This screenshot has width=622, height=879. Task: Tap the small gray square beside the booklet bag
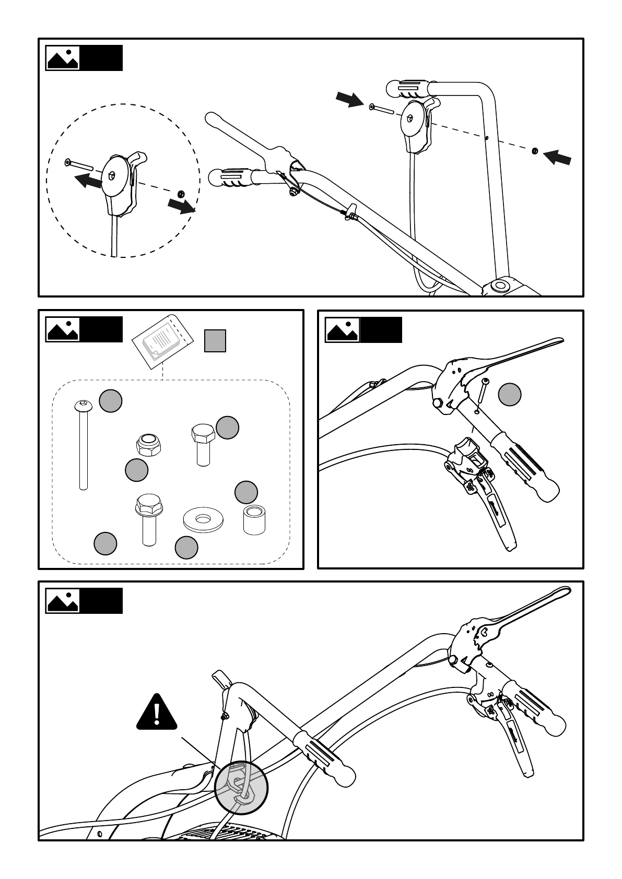click(x=215, y=341)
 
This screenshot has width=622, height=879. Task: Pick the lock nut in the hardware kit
click(x=148, y=444)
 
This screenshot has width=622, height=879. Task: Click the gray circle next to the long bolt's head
click(x=111, y=401)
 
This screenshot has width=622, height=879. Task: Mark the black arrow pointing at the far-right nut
click(x=557, y=157)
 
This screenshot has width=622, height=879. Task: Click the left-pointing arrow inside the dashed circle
click(x=88, y=181)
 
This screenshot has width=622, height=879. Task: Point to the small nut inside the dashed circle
click(x=181, y=194)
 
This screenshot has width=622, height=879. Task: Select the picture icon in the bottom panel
click(x=63, y=601)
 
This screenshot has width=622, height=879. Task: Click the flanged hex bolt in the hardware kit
click(x=147, y=519)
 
